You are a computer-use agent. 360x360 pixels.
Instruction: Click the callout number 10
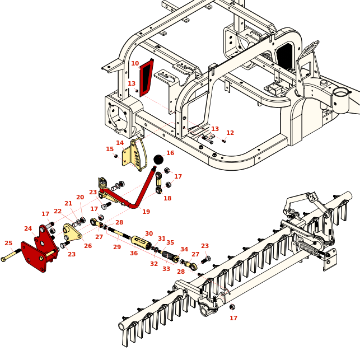pos(135,63)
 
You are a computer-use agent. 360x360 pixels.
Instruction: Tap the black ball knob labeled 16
pos(158,160)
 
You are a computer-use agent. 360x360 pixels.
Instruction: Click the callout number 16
pos(170,153)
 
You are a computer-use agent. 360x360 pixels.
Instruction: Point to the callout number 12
pos(230,133)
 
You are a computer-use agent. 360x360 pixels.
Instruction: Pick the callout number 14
pos(120,143)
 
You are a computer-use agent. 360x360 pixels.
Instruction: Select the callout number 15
pos(110,149)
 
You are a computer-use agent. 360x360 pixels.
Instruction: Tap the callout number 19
pos(146,212)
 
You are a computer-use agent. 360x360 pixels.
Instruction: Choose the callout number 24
pos(28,228)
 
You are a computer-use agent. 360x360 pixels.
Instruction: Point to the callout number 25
pos(8,243)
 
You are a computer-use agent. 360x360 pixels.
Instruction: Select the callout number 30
pos(149,233)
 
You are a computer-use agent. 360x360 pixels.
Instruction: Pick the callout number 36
pos(134,253)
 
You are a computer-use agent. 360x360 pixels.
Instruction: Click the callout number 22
pos(58,211)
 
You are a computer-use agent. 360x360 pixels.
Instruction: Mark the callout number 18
pos(167,198)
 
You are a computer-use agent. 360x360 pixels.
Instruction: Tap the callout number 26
pos(88,246)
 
